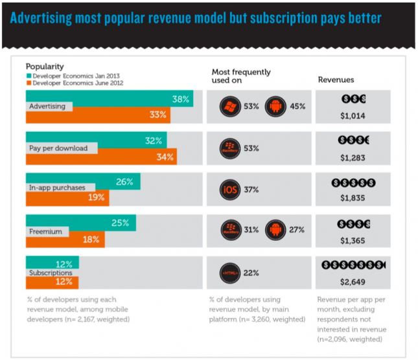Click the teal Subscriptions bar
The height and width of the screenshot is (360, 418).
(52, 264)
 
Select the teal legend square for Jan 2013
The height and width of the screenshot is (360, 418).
(29, 75)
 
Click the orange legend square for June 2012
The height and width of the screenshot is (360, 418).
(29, 82)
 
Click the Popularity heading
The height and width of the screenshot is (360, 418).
(46, 67)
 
